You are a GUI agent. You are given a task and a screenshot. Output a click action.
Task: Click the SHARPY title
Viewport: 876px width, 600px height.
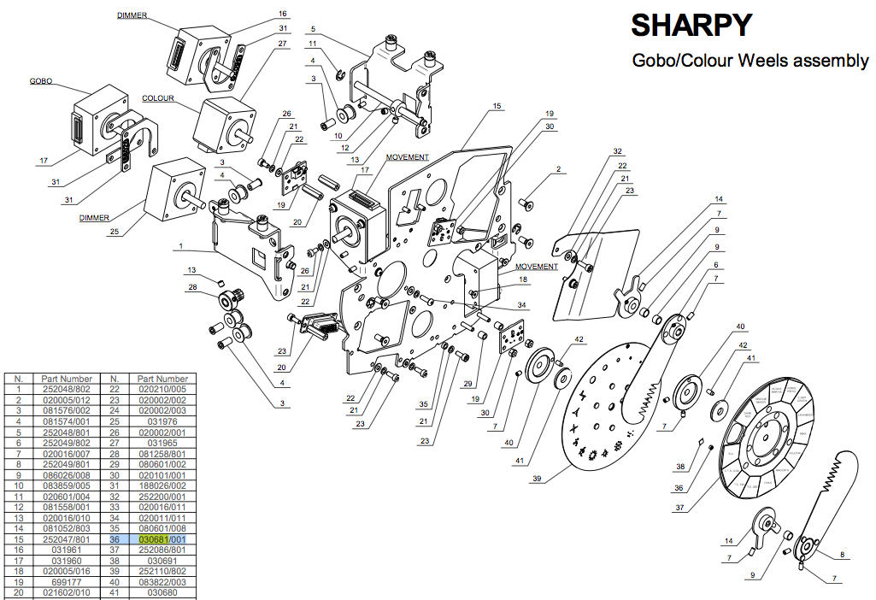691,25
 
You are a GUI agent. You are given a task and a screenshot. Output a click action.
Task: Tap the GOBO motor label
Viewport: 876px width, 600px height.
40,81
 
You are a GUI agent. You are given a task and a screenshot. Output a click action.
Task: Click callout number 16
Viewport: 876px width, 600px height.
282,14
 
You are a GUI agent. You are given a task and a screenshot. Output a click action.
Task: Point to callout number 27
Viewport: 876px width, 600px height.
282,43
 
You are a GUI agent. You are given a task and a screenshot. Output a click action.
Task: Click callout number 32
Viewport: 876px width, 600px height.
617,151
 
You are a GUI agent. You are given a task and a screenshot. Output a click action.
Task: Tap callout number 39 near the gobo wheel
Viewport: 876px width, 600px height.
536,479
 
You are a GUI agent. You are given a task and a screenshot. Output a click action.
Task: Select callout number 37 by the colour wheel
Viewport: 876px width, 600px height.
679,506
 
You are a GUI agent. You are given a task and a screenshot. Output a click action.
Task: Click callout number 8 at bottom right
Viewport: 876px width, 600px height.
842,555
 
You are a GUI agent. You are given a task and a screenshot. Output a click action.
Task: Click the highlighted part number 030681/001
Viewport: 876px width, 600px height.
162,540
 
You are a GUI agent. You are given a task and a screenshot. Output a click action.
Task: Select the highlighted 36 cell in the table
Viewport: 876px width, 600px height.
114,540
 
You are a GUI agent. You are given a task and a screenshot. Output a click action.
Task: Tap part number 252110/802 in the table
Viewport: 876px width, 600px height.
162,569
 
